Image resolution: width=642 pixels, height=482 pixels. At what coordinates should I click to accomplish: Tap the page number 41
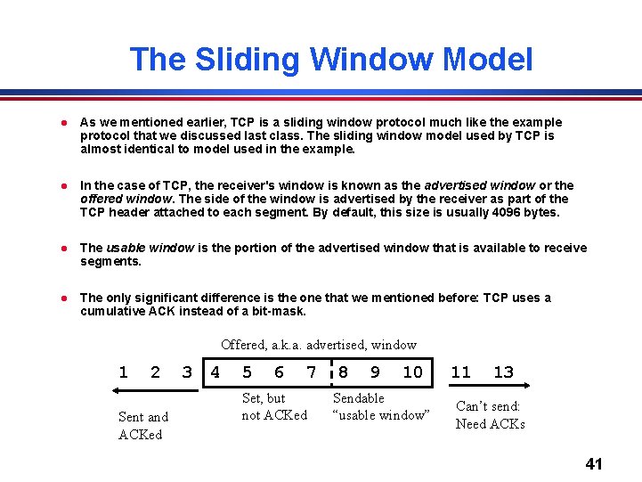(x=594, y=463)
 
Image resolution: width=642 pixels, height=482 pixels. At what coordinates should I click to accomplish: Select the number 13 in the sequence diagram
(x=503, y=372)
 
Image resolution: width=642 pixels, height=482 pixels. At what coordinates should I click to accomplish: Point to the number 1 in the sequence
(x=123, y=372)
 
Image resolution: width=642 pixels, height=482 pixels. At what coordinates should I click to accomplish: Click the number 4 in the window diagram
(x=215, y=372)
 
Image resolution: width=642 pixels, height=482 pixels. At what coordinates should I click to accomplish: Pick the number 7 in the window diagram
(x=311, y=372)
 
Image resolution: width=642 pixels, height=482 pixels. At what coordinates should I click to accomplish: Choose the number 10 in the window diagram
(x=412, y=372)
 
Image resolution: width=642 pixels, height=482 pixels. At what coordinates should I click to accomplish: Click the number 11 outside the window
(x=460, y=372)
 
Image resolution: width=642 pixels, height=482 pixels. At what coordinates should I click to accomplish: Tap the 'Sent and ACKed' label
(x=143, y=425)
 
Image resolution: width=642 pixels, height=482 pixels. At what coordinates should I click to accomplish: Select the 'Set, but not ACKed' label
(x=274, y=406)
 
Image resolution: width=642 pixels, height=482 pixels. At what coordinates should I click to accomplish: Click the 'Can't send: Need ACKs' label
(x=490, y=414)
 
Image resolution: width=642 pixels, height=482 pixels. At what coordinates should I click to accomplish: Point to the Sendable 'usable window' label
(x=381, y=406)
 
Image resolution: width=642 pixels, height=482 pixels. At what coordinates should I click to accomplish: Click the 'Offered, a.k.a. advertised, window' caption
(x=319, y=344)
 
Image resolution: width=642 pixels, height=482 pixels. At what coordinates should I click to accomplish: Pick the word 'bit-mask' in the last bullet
(x=278, y=311)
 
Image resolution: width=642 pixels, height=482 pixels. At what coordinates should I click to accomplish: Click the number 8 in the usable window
(x=343, y=372)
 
